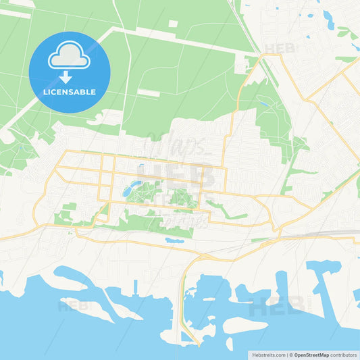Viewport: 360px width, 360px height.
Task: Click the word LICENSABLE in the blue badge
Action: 69,92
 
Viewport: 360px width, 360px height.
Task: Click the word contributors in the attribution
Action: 344,354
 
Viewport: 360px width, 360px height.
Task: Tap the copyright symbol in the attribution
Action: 289,354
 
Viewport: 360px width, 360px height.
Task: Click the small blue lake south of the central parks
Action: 174,240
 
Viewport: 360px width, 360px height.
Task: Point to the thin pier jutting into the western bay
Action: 136,286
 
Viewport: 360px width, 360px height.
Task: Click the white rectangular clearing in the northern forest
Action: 149,93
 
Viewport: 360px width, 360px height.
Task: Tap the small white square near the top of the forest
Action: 173,24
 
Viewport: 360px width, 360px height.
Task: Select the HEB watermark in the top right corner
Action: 279,49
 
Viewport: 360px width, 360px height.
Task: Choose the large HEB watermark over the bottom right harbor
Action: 276,307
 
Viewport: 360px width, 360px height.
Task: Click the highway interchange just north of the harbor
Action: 203,257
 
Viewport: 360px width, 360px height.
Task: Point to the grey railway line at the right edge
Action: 338,233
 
